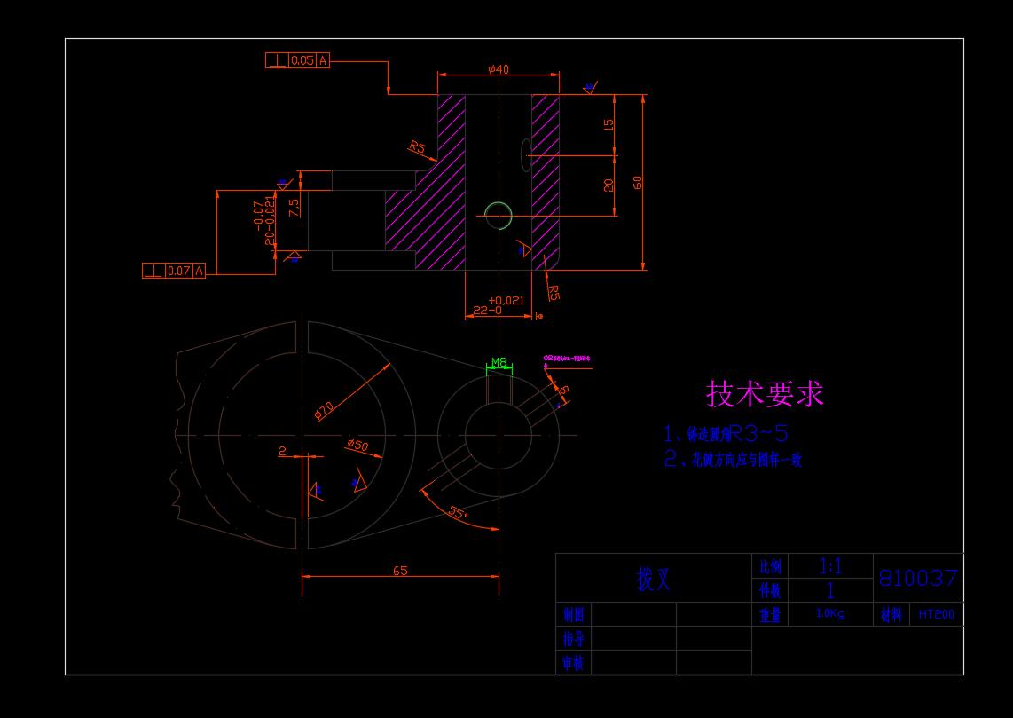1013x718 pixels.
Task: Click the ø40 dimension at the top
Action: tap(498, 69)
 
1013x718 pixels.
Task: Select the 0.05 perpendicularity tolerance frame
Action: tap(297, 60)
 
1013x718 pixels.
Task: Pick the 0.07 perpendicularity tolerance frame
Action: tap(174, 271)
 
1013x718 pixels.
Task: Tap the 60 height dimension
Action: tap(638, 182)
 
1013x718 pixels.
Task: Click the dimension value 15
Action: tap(609, 125)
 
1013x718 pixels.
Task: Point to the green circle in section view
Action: tap(499, 215)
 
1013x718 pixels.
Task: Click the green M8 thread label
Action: tap(499, 362)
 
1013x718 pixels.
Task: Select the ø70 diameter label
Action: tap(324, 409)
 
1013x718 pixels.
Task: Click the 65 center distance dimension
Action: tap(400, 571)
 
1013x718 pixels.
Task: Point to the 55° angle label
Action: tap(458, 513)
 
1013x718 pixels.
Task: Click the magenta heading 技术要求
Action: tap(765, 393)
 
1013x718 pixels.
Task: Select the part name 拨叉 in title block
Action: tap(654, 580)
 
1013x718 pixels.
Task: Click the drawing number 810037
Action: tap(918, 579)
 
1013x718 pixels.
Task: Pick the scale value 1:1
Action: tap(830, 566)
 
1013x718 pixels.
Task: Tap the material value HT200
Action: tap(937, 614)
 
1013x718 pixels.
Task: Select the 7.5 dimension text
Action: tap(294, 206)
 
